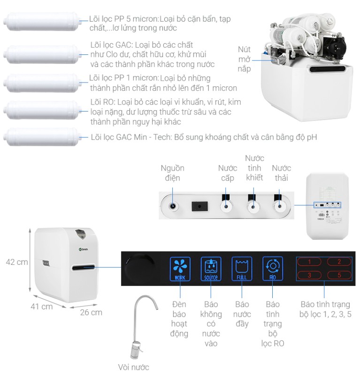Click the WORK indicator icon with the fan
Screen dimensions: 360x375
(x=180, y=269)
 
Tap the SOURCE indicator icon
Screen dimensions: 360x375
(x=211, y=269)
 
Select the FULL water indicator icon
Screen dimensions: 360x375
(x=242, y=269)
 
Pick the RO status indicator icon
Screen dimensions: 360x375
(x=273, y=269)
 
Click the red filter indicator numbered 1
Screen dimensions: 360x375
(x=309, y=262)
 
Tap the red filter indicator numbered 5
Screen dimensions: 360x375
(x=339, y=275)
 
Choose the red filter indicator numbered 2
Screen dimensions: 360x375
(x=339, y=262)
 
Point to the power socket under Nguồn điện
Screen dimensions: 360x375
(x=173, y=206)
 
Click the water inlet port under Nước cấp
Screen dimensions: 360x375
(x=226, y=206)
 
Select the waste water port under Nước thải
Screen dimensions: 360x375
(x=279, y=206)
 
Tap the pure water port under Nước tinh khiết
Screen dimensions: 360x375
(x=253, y=206)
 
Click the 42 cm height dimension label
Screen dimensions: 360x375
(x=17, y=262)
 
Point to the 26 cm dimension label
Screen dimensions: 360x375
(x=91, y=312)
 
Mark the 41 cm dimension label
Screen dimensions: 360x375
(x=42, y=307)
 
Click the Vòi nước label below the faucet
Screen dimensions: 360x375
(x=133, y=367)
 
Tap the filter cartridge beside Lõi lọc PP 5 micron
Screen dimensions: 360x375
(x=41, y=22)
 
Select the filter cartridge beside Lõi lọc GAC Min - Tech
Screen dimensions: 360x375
(x=41, y=137)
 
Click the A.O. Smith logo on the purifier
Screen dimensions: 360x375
(x=84, y=249)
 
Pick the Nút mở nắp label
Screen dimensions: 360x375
(x=244, y=59)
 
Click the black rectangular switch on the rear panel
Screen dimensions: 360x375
(x=200, y=206)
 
